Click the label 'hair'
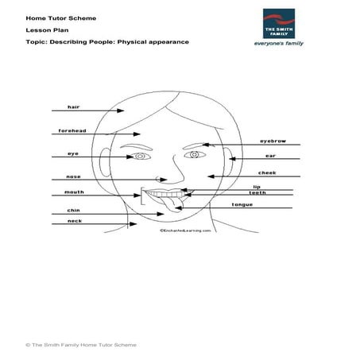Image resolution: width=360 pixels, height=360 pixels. [x=74, y=106]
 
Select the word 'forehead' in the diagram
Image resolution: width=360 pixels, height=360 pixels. [x=72, y=130]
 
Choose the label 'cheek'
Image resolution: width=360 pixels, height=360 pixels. [x=267, y=172]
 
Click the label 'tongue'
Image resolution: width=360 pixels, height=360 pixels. [x=242, y=204]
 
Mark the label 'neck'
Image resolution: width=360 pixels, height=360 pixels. [x=74, y=221]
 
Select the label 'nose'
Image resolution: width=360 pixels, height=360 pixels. [x=73, y=176]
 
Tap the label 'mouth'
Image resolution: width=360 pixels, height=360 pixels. [x=73, y=192]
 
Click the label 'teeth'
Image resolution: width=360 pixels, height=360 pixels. [x=257, y=192]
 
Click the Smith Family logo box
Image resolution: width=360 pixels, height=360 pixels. [x=282, y=28]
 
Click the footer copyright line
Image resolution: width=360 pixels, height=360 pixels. [x=81, y=345]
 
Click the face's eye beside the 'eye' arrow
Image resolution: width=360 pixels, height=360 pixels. [x=141, y=157]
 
